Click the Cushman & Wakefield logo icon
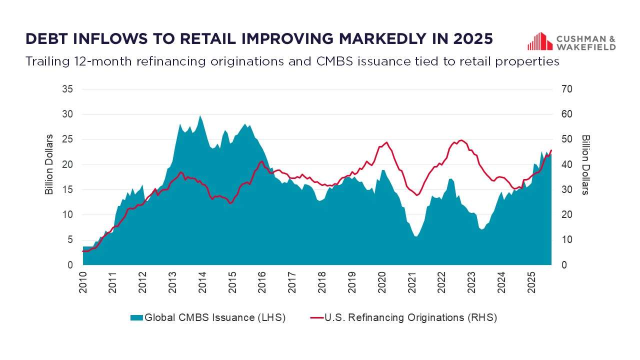pyautogui.click(x=539, y=41)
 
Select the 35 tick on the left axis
pyautogui.click(x=67, y=89)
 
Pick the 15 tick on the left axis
pyautogui.click(x=67, y=190)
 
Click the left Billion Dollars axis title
pyautogui.click(x=49, y=164)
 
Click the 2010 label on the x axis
pyautogui.click(x=83, y=282)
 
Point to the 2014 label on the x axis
pyautogui.click(x=202, y=282)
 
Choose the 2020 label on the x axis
pyautogui.click(x=381, y=282)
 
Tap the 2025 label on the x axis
pyautogui.click(x=531, y=282)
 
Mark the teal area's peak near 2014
pyautogui.click(x=200, y=116)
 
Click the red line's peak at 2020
pyautogui.click(x=387, y=142)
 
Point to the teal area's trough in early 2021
pyautogui.click(x=416, y=236)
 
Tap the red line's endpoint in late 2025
pyautogui.click(x=551, y=150)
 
